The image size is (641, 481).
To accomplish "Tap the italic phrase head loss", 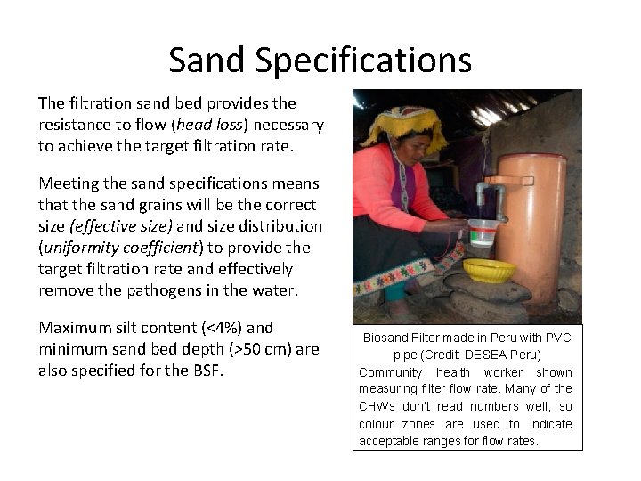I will pos(209,125).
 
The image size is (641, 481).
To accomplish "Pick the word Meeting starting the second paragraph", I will pos(70,183).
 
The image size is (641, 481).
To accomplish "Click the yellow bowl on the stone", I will pos(491,270).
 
